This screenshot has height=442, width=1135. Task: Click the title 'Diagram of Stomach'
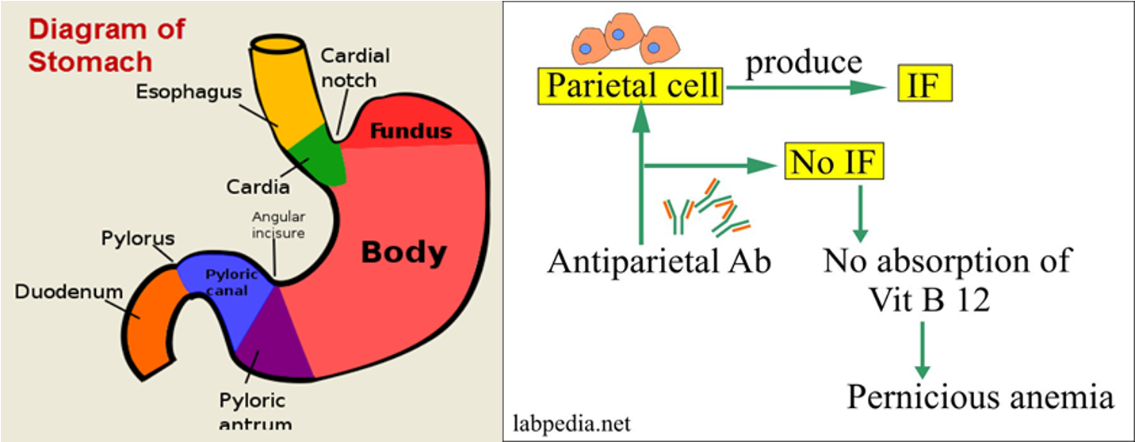point(106,46)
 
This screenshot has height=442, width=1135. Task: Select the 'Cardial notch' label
point(354,67)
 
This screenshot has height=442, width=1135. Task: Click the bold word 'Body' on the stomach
point(403,253)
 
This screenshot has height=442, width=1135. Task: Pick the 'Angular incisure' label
point(278,224)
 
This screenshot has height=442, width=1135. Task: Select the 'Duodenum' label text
point(68,292)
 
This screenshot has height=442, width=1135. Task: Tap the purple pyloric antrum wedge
point(273,341)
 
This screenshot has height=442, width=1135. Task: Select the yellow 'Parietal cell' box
point(630,86)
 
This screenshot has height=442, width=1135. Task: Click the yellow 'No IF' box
point(834,163)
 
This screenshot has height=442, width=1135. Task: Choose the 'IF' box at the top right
point(924,86)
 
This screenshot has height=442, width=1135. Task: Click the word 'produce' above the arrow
point(804,62)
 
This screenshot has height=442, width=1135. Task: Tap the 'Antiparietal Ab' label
point(658,261)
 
